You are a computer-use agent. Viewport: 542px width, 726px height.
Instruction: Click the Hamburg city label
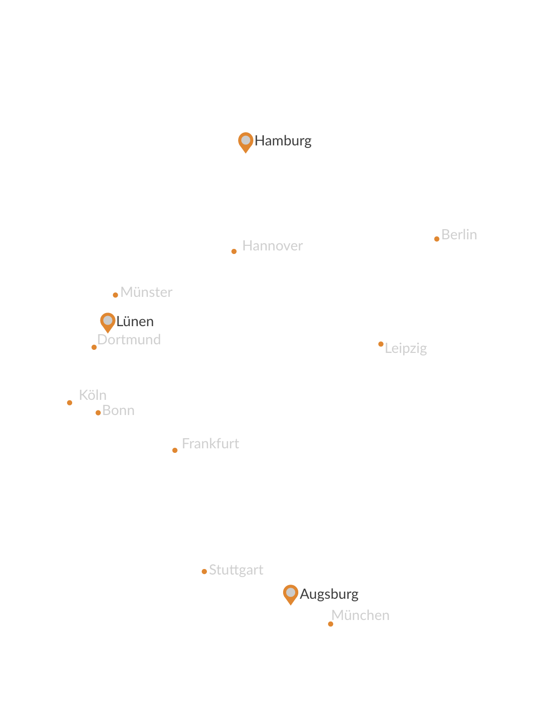[283, 141]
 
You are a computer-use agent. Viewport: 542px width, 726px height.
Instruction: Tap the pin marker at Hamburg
[245, 141]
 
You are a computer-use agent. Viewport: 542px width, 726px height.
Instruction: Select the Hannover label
[273, 246]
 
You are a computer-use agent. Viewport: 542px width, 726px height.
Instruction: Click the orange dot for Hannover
[234, 251]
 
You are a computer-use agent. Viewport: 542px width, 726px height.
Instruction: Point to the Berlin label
[458, 235]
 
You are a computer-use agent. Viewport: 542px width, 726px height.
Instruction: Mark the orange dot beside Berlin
[437, 239]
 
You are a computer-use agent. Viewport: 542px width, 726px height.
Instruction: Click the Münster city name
[146, 292]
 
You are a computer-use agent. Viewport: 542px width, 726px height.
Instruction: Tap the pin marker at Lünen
[107, 322]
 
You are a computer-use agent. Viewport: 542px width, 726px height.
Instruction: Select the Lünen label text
[135, 322]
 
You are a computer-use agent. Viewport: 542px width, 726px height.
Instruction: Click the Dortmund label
[129, 340]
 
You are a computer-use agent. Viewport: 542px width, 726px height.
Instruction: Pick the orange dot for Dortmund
[94, 347]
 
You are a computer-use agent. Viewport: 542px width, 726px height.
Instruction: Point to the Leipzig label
[406, 348]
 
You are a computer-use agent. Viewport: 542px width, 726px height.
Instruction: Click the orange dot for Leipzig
[381, 344]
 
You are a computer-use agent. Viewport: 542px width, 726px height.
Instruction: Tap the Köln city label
[92, 395]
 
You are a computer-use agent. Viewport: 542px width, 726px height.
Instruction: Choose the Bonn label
[118, 410]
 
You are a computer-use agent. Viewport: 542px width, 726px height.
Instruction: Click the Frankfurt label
[210, 444]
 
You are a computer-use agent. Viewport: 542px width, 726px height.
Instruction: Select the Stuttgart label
[236, 570]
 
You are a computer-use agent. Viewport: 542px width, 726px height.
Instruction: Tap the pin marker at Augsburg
[291, 593]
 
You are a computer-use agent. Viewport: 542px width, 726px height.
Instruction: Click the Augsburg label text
[329, 594]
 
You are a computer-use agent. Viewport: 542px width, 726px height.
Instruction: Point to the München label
[360, 615]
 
